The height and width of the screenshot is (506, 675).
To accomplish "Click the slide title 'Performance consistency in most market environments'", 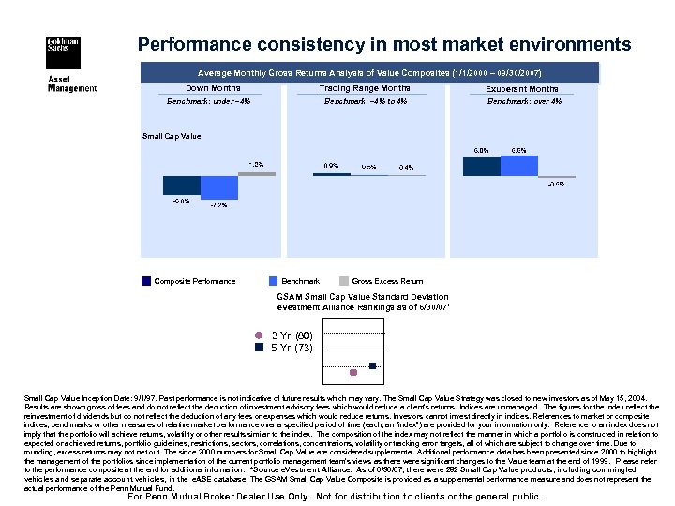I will tap(384, 44).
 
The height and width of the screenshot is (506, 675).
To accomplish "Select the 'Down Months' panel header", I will tap(213, 88).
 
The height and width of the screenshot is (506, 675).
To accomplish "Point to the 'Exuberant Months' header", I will tap(522, 89).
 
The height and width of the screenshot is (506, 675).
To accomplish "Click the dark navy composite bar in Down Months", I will tap(182, 185).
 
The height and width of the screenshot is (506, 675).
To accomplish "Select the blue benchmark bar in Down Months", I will tap(219, 187).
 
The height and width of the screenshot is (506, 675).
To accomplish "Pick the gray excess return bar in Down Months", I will tap(256, 173).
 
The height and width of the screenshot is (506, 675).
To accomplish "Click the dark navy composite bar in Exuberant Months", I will tap(482, 166).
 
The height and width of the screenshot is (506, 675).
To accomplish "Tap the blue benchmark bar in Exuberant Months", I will tap(518, 165).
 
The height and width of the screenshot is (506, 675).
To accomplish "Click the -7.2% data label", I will tap(218, 204).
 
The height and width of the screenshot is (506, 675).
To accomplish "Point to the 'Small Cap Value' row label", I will tap(172, 136).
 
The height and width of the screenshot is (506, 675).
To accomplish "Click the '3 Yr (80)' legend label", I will tap(292, 335).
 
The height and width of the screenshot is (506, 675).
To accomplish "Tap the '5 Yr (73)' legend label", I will tap(292, 347).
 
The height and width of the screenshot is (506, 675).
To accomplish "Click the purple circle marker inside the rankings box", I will tap(353, 373).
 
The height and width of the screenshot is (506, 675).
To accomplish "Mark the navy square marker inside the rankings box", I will tap(372, 365).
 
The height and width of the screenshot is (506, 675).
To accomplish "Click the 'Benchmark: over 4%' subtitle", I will tap(524, 101).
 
